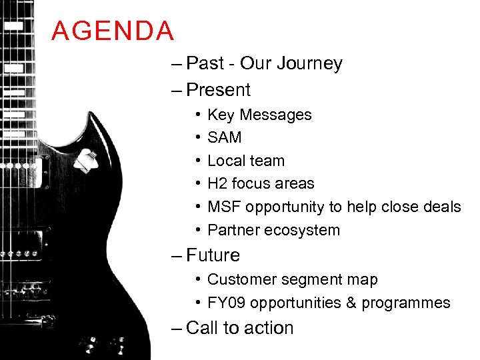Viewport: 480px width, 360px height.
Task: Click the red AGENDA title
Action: (113, 31)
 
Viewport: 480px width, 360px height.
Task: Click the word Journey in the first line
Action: (310, 64)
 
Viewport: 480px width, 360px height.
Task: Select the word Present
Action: (219, 90)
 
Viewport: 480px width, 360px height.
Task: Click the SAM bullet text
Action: (225, 138)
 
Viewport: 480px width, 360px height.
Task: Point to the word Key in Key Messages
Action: (221, 115)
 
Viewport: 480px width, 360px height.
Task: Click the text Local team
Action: (246, 161)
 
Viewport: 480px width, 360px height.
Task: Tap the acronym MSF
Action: (224, 207)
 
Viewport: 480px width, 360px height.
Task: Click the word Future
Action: (213, 255)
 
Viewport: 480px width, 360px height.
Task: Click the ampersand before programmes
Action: (351, 303)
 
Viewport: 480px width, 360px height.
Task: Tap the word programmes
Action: (406, 304)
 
